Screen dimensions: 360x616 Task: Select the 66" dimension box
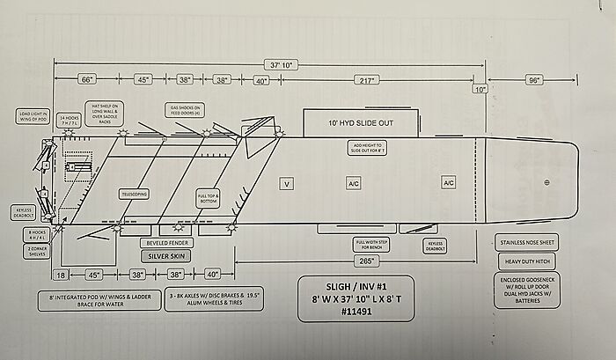(x=86, y=79)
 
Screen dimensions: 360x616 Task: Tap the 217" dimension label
(x=367, y=80)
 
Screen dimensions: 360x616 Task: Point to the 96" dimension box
(x=533, y=79)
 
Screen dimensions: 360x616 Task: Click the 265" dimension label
(x=367, y=261)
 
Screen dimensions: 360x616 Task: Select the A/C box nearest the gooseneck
(x=449, y=182)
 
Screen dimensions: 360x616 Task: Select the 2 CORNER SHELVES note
(x=36, y=251)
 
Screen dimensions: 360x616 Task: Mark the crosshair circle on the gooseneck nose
(x=546, y=182)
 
